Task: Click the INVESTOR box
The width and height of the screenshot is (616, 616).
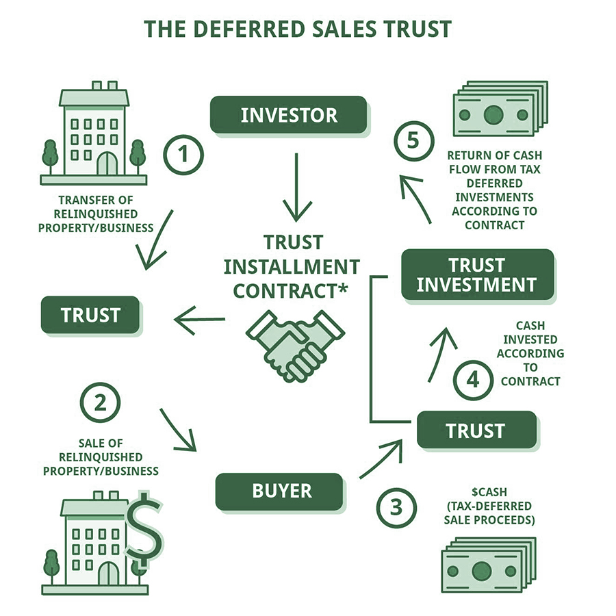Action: tap(289, 115)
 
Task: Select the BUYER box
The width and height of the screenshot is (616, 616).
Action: tap(279, 491)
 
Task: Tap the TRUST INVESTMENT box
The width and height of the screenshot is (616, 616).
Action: tap(478, 274)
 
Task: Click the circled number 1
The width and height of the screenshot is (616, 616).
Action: tap(183, 155)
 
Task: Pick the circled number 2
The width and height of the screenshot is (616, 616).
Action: tap(100, 402)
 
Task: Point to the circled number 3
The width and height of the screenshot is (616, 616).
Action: tap(396, 508)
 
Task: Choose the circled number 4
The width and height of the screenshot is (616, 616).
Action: tap(473, 380)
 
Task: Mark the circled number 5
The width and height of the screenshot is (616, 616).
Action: tap(413, 140)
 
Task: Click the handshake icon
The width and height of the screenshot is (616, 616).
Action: tap(295, 346)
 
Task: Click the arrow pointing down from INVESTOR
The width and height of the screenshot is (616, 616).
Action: tap(297, 188)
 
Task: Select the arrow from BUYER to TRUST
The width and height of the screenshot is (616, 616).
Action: tap(381, 459)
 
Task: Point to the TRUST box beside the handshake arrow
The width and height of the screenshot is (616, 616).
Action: tap(90, 315)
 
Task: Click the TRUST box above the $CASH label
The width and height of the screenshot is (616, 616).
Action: tap(476, 431)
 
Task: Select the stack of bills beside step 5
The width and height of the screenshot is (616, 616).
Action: tap(500, 108)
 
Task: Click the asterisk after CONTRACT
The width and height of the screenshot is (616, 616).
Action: tap(342, 287)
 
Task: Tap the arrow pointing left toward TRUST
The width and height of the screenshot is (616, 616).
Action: tap(200, 320)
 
